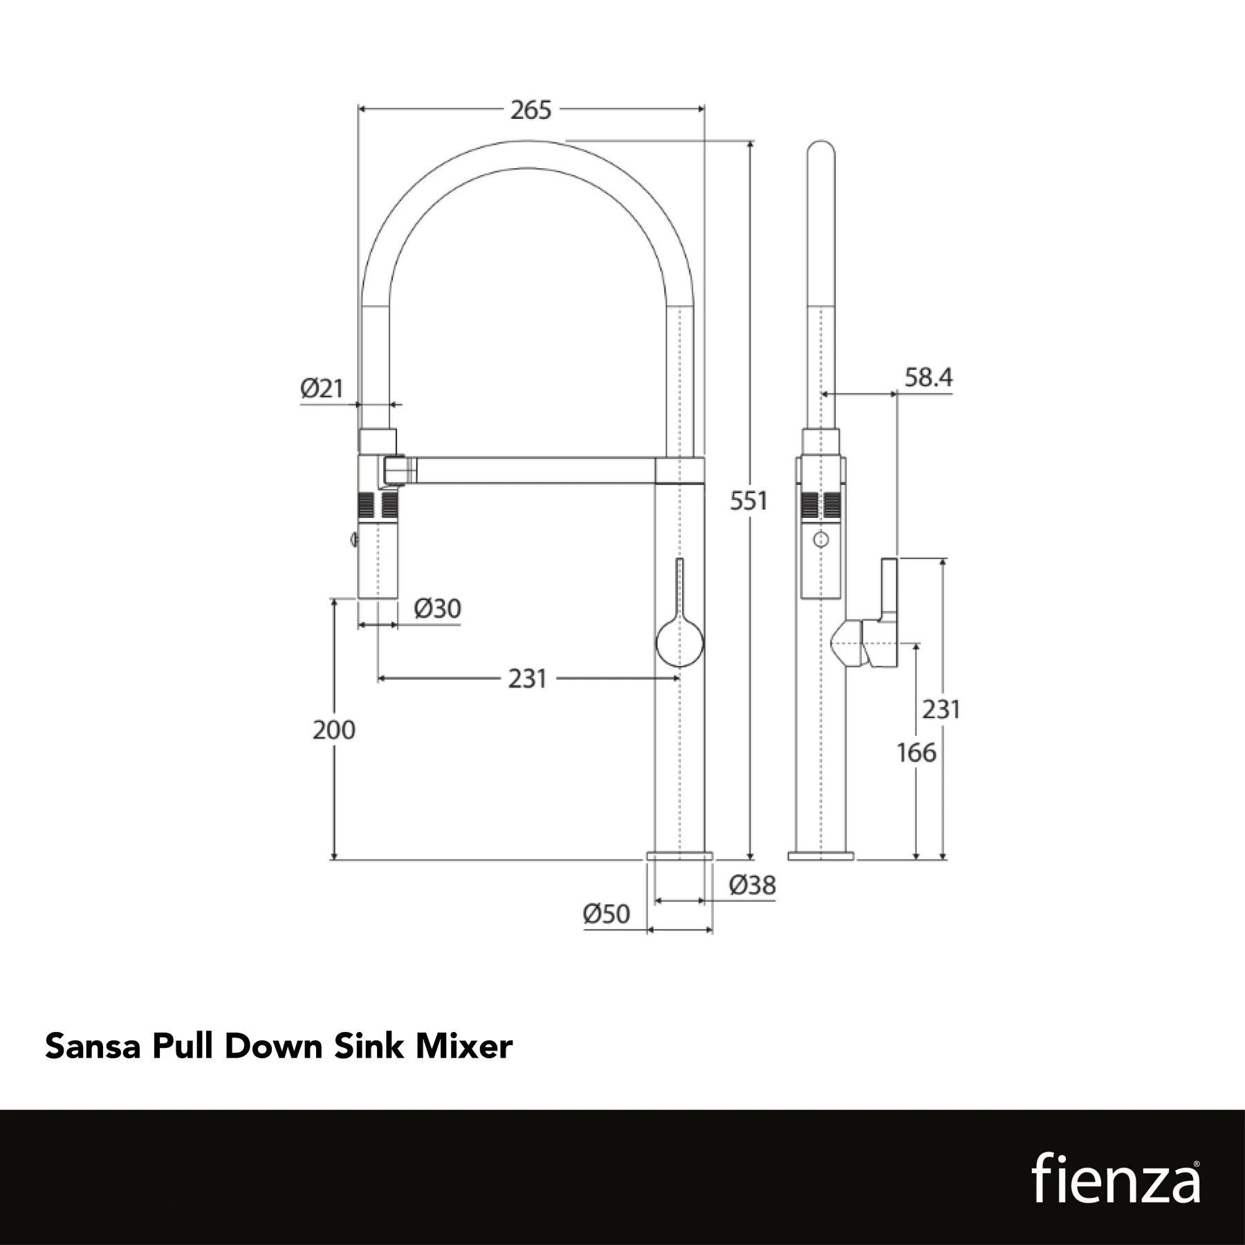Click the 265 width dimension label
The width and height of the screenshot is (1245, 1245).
(x=531, y=110)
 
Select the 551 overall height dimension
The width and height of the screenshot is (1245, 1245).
(x=748, y=501)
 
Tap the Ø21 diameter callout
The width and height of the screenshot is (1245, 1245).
(x=322, y=388)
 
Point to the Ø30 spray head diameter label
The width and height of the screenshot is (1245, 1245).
(x=437, y=609)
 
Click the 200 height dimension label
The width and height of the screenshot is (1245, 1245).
(x=333, y=730)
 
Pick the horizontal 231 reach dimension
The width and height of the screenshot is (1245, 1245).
(x=527, y=679)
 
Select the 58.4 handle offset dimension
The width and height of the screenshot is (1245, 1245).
(x=928, y=378)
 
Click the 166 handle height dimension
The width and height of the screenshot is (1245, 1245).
(x=916, y=753)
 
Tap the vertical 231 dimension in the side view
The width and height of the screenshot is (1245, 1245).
(x=941, y=709)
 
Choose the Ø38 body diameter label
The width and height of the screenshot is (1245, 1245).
(x=753, y=885)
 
